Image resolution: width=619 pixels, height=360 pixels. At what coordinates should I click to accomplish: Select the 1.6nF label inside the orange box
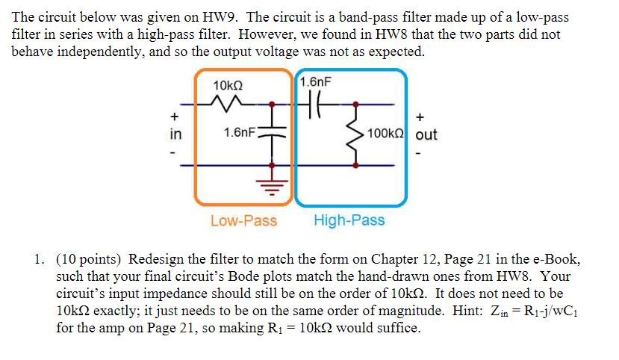pos(240,133)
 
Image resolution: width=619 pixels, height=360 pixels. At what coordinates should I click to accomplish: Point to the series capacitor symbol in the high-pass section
pos(312,104)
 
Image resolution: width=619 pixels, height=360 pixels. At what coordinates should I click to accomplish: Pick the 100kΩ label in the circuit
pos(387,134)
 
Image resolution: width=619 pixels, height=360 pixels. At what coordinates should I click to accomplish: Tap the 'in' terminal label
pos(175,134)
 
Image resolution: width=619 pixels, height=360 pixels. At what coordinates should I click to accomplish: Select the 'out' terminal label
pos(426,134)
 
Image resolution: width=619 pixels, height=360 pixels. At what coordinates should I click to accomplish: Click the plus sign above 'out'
pos(423,117)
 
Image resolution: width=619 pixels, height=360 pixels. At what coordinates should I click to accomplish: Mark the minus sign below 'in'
pos(174,154)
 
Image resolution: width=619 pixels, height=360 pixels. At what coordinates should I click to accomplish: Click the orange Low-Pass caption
pos(243,220)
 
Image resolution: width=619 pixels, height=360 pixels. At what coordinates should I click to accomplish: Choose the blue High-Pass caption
pos(349,220)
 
